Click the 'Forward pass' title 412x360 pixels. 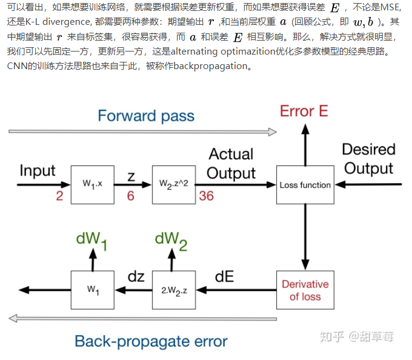[146, 116]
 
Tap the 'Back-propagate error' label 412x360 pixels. [151, 341]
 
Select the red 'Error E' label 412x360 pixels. [304, 111]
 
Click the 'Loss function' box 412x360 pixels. [305, 185]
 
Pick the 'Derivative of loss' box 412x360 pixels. [305, 290]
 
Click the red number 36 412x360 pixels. [206, 196]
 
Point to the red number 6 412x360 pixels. [131, 196]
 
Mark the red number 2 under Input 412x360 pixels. [59, 196]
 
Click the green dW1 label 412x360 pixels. [92, 239]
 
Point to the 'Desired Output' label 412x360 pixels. [368, 159]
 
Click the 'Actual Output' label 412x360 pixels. [231, 163]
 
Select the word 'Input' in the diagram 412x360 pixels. [38, 170]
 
